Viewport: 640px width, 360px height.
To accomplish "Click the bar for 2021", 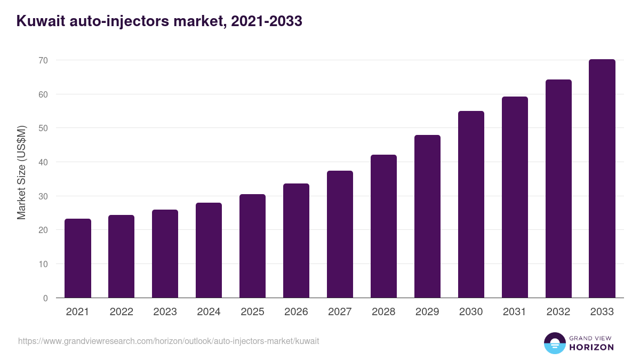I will coord(77,258).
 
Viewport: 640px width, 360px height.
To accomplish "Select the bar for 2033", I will coord(602,179).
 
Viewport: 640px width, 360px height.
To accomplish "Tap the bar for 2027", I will coord(340,234).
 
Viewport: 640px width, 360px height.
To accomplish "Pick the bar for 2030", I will coord(471,204).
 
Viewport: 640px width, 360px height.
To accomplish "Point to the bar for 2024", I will coord(209,250).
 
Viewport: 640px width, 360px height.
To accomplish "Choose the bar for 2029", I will coord(427,217).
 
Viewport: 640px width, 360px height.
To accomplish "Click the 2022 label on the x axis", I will coord(121,312).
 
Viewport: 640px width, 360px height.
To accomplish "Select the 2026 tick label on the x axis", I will coord(296,312).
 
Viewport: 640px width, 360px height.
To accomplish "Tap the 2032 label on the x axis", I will coord(558,312).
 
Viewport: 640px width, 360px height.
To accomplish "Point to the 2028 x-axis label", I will coord(383,312).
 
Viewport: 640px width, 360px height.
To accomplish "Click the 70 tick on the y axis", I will coord(43,61).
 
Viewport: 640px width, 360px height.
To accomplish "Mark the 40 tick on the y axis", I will coord(43,162).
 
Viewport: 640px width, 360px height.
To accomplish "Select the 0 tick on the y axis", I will coord(45,298).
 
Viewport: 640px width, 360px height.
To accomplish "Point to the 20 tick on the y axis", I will coord(43,230).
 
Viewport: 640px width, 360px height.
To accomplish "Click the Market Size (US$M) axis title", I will coord(21,172).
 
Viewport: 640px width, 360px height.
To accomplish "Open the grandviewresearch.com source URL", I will coord(169,341).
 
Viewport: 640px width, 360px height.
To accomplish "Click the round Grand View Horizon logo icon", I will coord(555,343).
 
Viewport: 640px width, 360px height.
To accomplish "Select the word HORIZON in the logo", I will coord(591,347).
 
